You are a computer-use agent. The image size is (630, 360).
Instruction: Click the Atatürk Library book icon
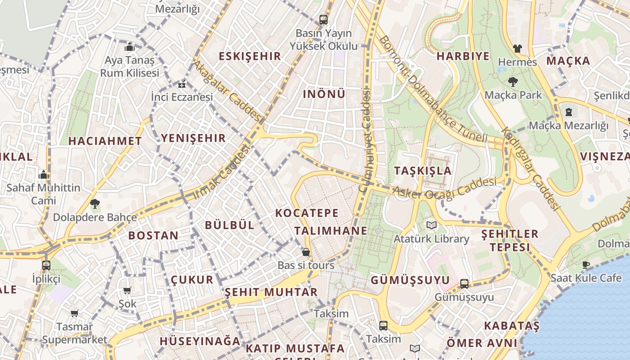click(x=432, y=225)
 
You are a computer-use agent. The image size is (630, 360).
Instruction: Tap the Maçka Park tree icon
click(x=513, y=81)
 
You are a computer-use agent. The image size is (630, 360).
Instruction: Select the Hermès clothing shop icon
click(x=517, y=48)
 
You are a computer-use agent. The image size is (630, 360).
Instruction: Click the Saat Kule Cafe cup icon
click(x=585, y=265)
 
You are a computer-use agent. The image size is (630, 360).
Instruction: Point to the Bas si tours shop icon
click(x=306, y=252)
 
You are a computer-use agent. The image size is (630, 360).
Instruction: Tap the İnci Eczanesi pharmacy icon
click(x=182, y=84)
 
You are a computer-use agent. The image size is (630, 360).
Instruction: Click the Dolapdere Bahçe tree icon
click(x=94, y=204)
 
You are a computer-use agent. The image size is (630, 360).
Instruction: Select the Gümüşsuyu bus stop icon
click(x=464, y=284)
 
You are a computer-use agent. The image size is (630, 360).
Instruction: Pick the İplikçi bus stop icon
click(x=46, y=265)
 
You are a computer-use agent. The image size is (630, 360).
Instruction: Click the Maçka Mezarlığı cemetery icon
click(x=568, y=112)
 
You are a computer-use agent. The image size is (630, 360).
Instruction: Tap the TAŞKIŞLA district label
click(x=423, y=171)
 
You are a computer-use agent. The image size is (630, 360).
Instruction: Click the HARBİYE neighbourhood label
click(x=463, y=56)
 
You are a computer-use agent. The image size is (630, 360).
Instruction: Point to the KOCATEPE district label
click(x=306, y=213)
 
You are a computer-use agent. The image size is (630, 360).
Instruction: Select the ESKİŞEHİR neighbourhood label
click(x=249, y=56)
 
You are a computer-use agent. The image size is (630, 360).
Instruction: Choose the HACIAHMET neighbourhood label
click(x=105, y=141)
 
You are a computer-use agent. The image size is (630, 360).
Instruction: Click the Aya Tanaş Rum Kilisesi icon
click(x=130, y=47)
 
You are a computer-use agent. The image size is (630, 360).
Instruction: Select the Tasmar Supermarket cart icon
click(x=75, y=313)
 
